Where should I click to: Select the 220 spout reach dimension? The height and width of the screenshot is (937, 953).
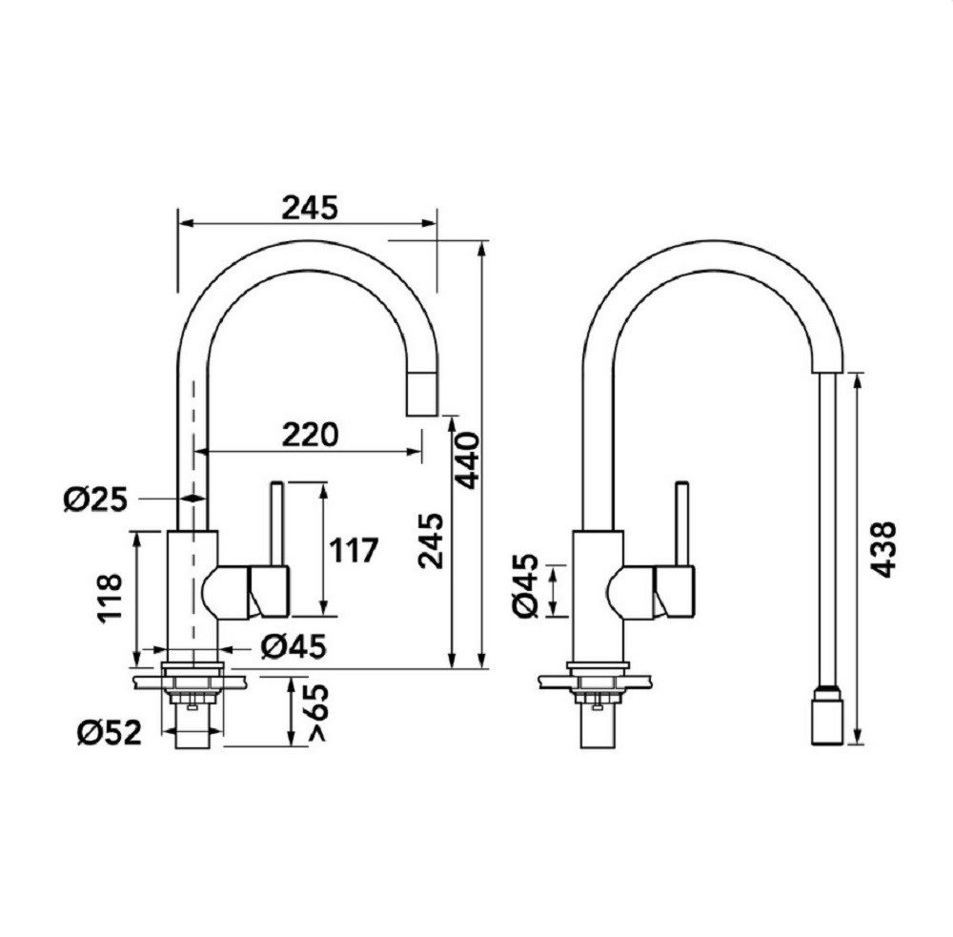[x=310, y=435]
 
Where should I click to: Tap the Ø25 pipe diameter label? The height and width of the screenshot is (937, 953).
[x=96, y=499]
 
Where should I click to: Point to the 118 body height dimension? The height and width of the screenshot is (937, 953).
[x=110, y=598]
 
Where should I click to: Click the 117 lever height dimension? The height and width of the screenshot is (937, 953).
[x=354, y=550]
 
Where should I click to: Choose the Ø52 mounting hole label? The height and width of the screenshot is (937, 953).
[x=109, y=732]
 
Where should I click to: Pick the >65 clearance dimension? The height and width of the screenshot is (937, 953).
[x=318, y=713]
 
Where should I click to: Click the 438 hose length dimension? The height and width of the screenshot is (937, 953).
[x=882, y=549]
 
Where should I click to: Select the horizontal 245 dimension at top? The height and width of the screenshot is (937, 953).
[x=310, y=208]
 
